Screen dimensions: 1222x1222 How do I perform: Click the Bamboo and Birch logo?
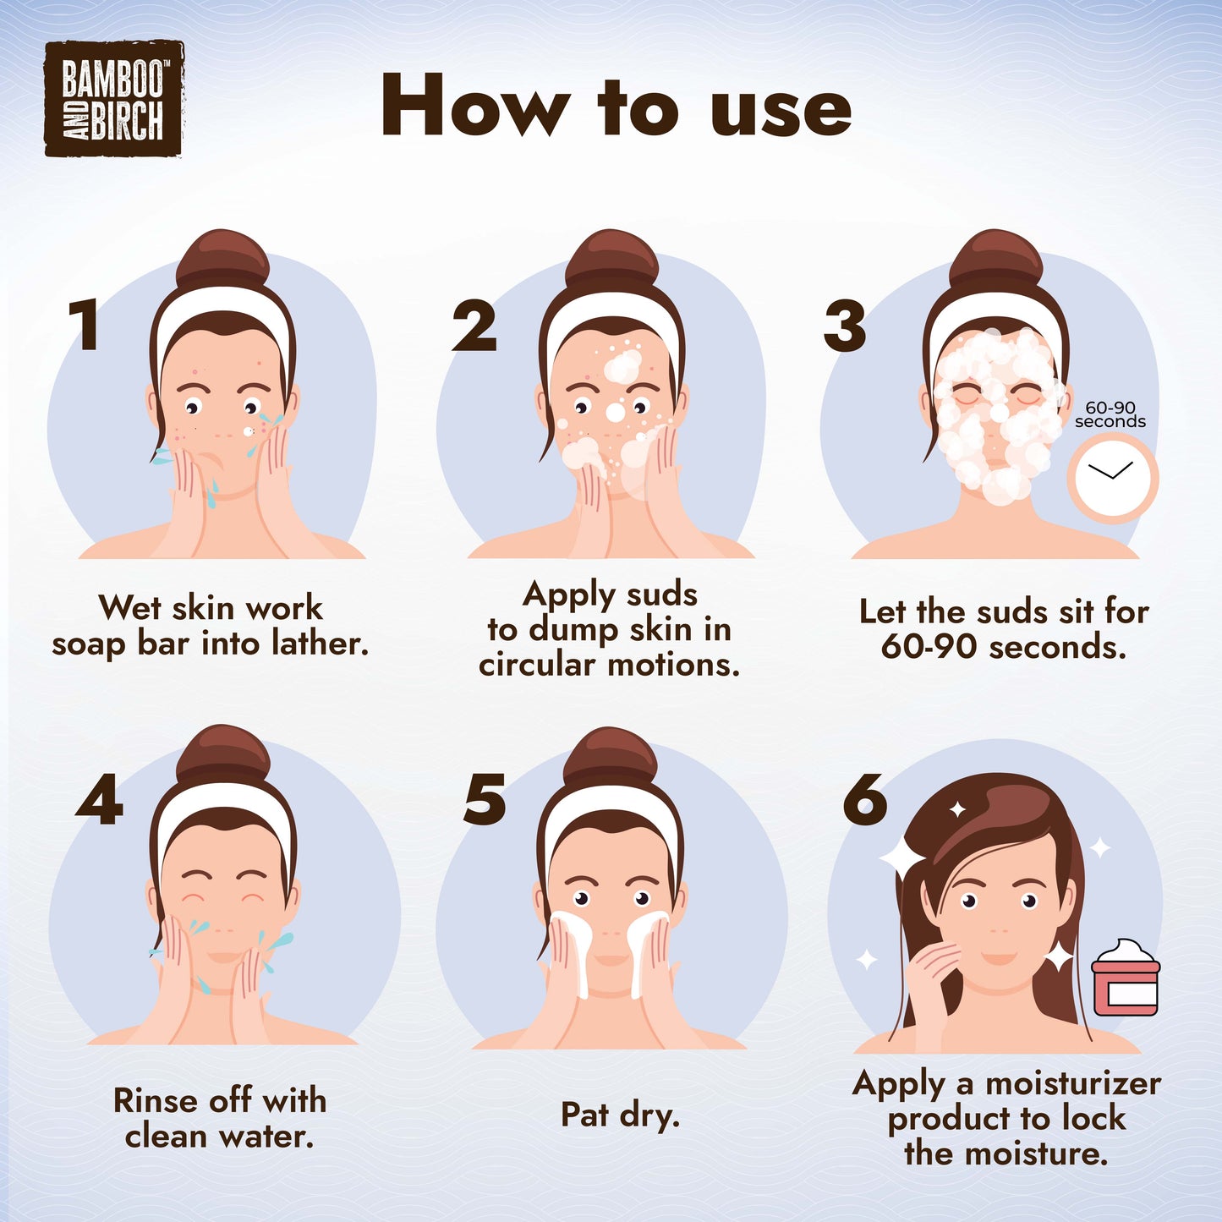click(113, 98)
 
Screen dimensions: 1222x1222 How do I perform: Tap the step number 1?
click(85, 326)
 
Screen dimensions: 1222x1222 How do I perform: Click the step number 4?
click(99, 799)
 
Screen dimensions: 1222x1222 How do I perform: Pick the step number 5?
click(485, 799)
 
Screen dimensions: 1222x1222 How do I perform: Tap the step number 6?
click(865, 799)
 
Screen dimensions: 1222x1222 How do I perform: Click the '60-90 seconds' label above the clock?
click(1110, 414)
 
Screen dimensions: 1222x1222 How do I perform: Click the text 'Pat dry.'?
click(620, 1115)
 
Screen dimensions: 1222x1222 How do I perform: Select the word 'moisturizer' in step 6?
click(1072, 1083)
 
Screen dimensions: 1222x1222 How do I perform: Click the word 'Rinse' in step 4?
click(156, 1099)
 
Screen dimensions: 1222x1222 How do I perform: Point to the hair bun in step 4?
click(223, 755)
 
